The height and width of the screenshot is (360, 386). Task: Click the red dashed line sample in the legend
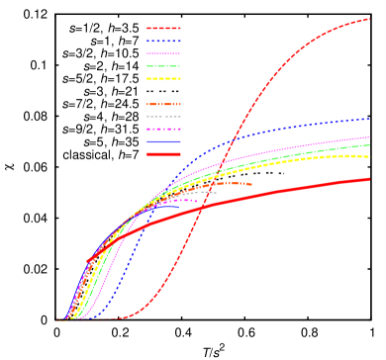163,29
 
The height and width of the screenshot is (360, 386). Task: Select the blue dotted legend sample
163,42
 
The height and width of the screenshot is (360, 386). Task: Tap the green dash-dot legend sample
163,66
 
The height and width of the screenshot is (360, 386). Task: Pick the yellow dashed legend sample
163,78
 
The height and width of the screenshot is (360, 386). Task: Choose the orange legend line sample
163,104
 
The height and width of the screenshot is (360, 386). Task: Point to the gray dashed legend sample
163,117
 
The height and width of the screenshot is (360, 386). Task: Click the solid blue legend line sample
163,141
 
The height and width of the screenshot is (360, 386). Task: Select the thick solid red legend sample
163,154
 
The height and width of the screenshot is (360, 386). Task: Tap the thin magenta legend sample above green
163,53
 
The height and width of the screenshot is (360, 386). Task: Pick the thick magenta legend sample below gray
163,130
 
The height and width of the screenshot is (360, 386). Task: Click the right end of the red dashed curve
369,18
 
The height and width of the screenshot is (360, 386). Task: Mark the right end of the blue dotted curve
369,119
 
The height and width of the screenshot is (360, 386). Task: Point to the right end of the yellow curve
369,156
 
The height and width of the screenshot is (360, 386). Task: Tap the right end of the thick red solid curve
369,179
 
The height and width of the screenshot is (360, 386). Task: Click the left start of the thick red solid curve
88,262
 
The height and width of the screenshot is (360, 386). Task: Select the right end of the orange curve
251,184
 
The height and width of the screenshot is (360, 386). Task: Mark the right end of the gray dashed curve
216,192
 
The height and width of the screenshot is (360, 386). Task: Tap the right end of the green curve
369,144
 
